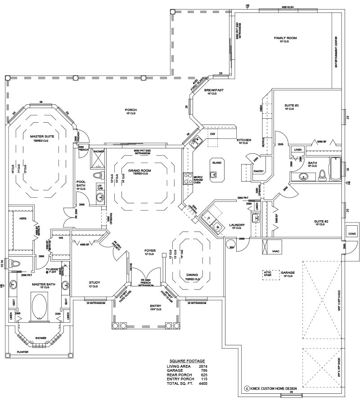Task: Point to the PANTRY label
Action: [258, 171]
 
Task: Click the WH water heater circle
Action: [232, 247]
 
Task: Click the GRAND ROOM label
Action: [139, 171]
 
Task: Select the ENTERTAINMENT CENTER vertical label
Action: [336, 52]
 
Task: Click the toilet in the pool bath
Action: [99, 175]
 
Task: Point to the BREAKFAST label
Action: [214, 90]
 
